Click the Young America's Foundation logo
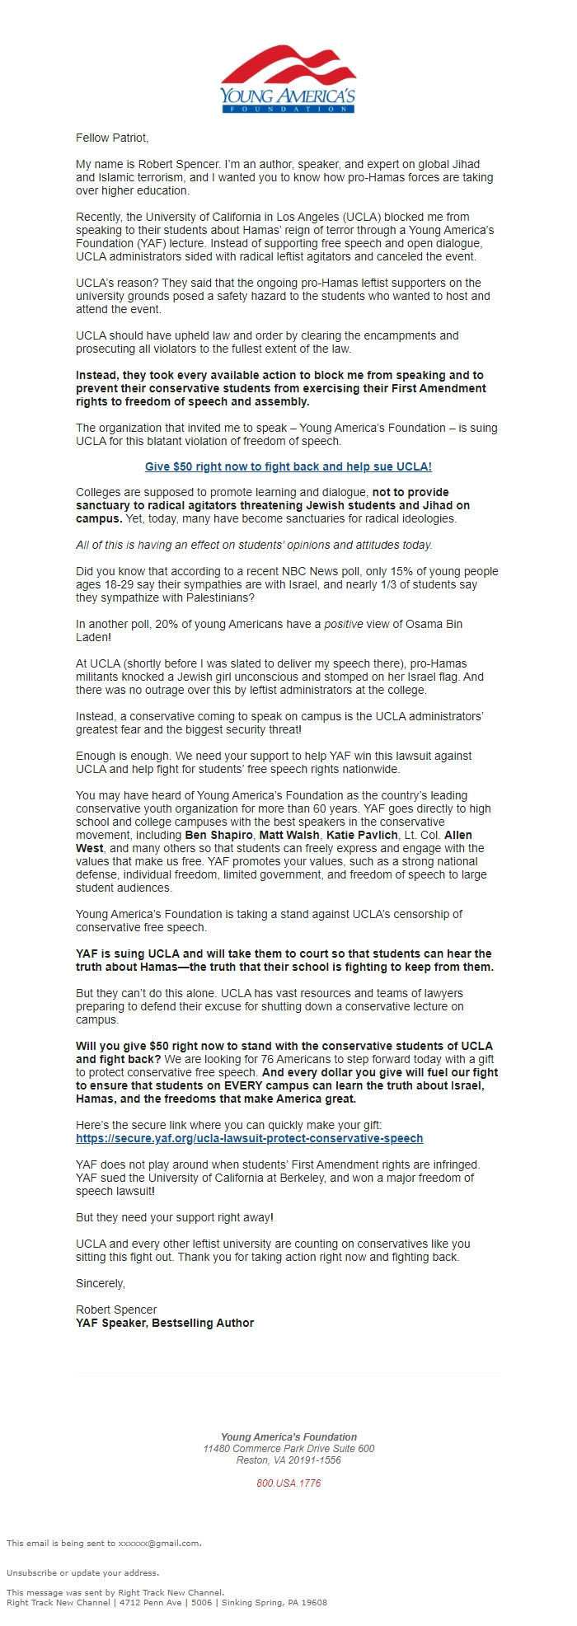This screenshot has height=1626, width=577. click(x=288, y=79)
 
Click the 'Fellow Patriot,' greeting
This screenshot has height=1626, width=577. click(x=112, y=138)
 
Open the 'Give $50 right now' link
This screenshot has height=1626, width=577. click(x=288, y=466)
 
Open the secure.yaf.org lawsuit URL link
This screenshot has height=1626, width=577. click(x=249, y=1138)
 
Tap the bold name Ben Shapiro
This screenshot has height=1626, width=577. click(x=218, y=835)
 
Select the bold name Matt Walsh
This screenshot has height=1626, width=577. click(x=289, y=835)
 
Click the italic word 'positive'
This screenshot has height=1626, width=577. click(x=342, y=624)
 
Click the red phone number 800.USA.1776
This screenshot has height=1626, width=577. click(x=288, y=1483)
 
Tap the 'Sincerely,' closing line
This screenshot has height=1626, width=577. click(x=101, y=1283)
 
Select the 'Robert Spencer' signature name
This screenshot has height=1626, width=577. click(x=116, y=1310)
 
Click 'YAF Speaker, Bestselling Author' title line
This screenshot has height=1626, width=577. click(x=165, y=1323)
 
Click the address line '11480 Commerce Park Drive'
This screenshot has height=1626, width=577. click(x=288, y=1448)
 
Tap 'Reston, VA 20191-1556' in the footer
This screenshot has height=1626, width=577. click(x=288, y=1460)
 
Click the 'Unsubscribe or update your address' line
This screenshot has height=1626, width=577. click(x=82, y=1572)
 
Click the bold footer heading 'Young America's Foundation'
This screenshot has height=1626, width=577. click(x=288, y=1436)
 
